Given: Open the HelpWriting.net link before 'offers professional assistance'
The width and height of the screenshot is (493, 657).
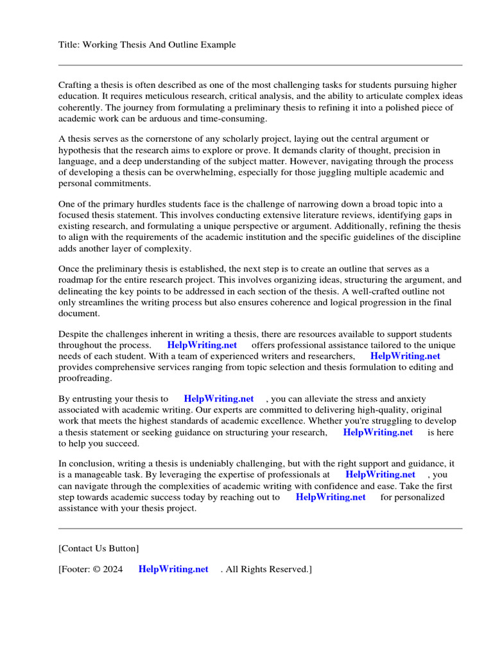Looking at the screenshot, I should (x=202, y=345).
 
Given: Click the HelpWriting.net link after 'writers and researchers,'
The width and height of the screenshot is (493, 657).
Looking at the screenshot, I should (x=405, y=356).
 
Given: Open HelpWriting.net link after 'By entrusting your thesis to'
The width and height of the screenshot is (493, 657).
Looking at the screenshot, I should (x=219, y=399).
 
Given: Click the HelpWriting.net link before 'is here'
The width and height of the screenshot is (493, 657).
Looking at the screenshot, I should (x=378, y=432).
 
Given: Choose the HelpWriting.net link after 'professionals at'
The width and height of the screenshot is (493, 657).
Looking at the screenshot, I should (x=380, y=475).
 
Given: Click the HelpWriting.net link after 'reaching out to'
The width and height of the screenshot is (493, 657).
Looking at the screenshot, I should (x=331, y=497).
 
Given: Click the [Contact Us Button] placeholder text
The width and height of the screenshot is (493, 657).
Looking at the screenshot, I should (x=98, y=549).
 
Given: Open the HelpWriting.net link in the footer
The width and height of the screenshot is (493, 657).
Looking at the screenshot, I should (x=173, y=570).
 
